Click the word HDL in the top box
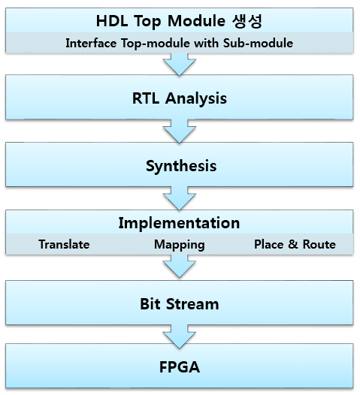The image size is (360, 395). point(112,21)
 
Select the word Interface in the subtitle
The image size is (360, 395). point(91,43)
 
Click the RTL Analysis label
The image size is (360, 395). point(180,98)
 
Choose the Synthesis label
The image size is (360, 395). point(181,166)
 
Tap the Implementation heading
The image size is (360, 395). point(179,223)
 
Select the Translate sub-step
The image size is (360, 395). point(64,244)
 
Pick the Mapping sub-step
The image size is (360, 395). point(180,245)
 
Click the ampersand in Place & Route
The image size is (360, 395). point(293,244)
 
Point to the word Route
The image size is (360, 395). point(319,244)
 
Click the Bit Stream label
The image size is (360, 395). point(180,304)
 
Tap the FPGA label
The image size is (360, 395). point(180,367)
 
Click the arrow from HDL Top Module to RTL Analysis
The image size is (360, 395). point(180,65)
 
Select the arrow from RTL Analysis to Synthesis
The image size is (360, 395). point(180,131)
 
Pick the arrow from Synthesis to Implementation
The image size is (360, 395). point(180,198)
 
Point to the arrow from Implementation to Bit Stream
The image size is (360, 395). point(180,267)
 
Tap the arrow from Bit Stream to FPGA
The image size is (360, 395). point(180,337)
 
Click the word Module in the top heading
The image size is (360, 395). point(196,21)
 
